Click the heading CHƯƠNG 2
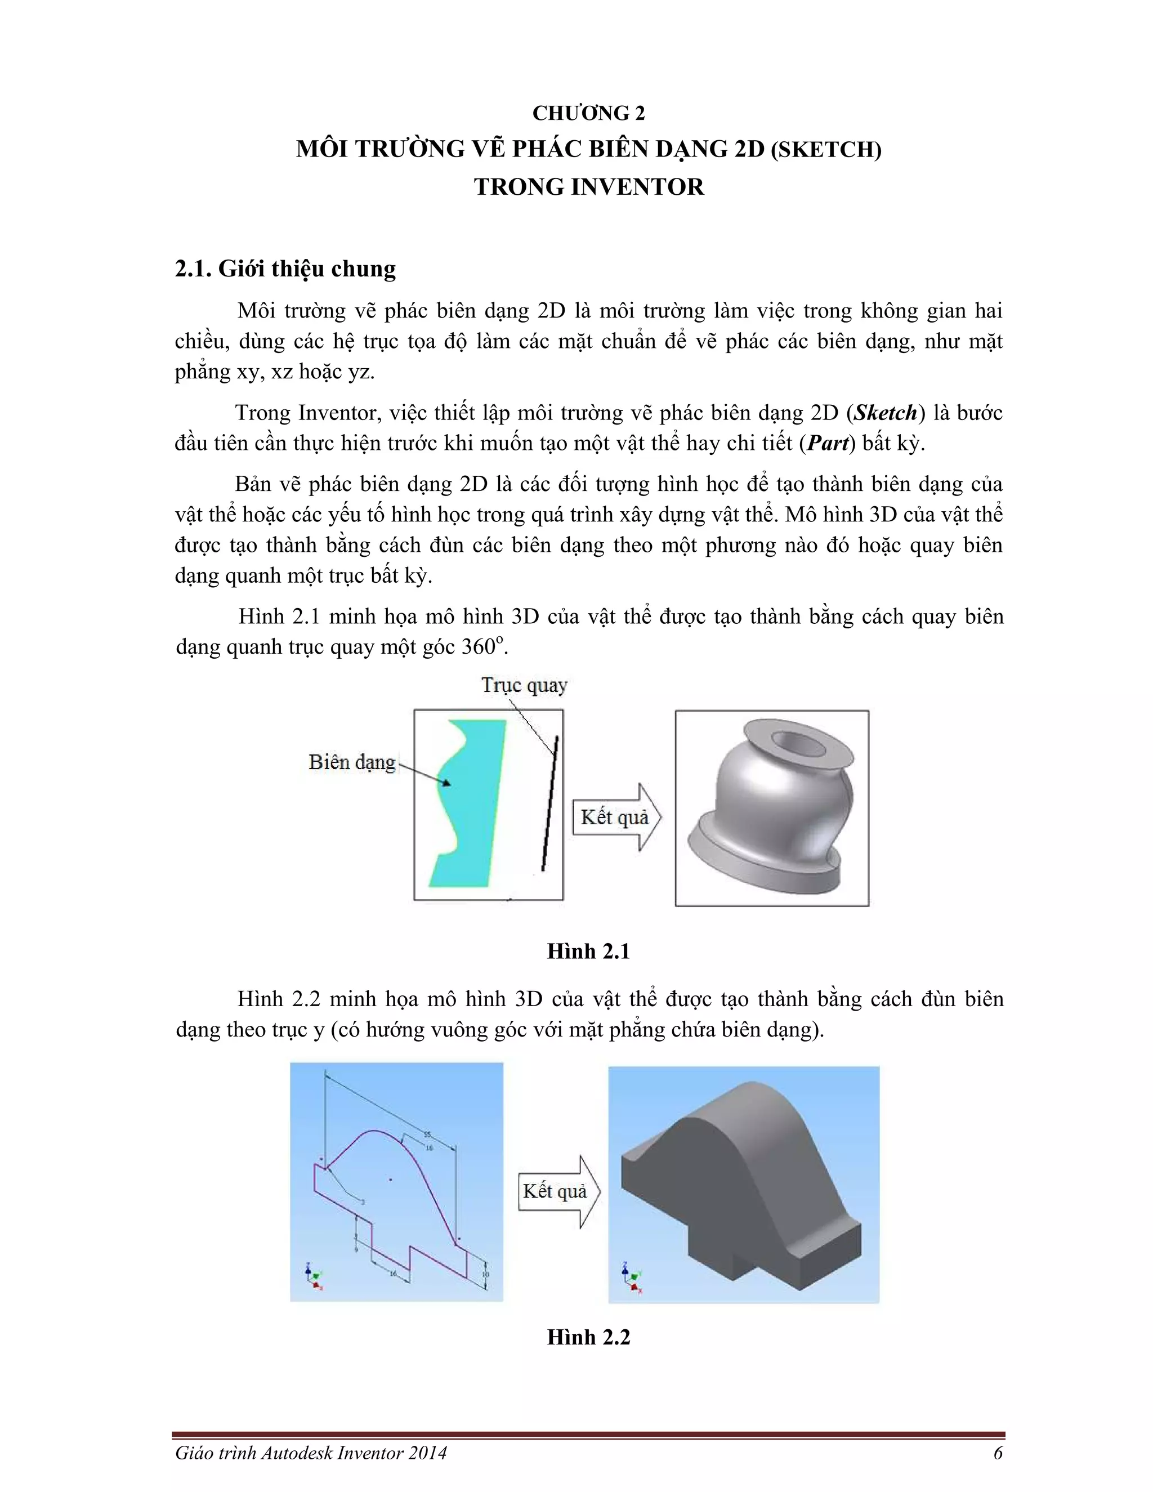point(588,113)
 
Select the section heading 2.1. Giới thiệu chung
point(285,269)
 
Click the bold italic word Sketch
point(885,413)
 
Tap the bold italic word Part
point(827,443)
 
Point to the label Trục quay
point(524,685)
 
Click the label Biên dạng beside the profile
point(352,762)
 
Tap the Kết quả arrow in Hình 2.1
point(615,817)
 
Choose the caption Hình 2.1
point(588,951)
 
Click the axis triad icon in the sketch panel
point(314,1276)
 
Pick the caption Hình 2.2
point(588,1337)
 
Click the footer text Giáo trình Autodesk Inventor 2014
point(311,1453)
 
